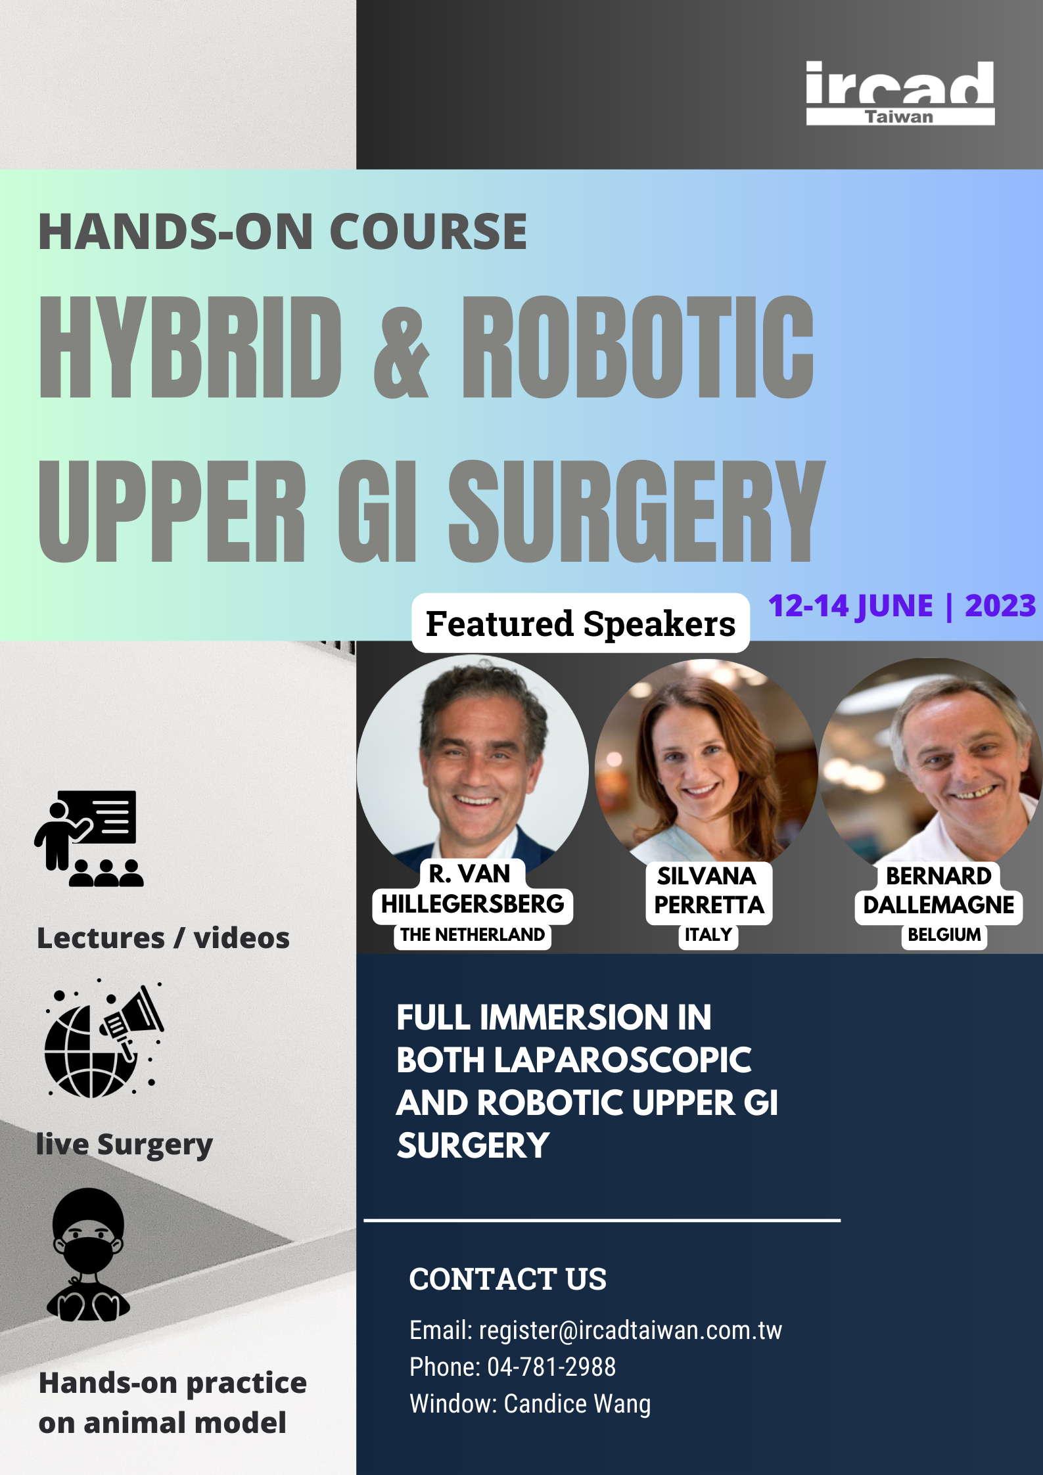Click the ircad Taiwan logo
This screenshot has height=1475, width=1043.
tap(900, 93)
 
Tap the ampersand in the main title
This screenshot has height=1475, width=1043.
tap(402, 347)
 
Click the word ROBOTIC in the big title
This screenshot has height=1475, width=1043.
tap(638, 347)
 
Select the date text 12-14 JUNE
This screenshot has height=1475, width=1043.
tap(850, 606)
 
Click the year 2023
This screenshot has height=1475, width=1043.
tap(1000, 606)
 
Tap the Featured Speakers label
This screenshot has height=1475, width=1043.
tap(580, 624)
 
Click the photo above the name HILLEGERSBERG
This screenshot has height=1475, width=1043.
tap(473, 762)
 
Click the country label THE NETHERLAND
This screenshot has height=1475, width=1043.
tap(473, 935)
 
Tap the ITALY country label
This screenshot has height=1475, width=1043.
tap(708, 935)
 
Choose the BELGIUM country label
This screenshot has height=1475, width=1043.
tap(944, 935)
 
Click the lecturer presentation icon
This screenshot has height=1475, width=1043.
tap(89, 838)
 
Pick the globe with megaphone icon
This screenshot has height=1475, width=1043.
tap(104, 1039)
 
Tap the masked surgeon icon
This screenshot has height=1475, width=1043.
tap(88, 1255)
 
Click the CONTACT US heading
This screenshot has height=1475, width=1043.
tap(507, 1279)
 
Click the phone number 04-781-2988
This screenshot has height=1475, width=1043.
tap(551, 1367)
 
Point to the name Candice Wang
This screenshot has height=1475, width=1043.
tap(577, 1404)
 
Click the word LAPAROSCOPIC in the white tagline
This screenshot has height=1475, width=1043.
tap(622, 1060)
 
